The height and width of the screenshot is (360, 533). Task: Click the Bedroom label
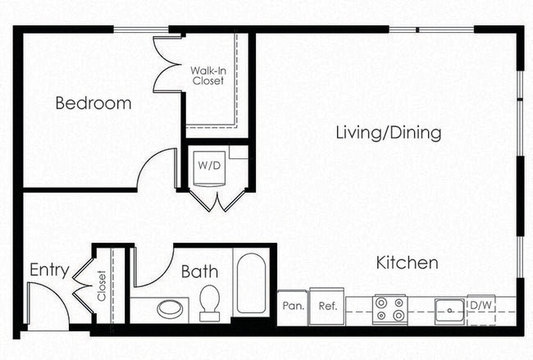coord(93,103)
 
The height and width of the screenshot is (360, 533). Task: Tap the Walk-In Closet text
coord(208,75)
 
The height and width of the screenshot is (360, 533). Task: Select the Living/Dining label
coord(389,133)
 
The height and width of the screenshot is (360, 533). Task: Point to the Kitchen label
coord(407,263)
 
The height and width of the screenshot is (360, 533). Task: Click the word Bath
coord(198,271)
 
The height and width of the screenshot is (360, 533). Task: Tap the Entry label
coord(48,270)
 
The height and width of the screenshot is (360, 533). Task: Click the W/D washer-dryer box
coord(209,165)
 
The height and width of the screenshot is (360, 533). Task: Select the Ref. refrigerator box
coord(328,307)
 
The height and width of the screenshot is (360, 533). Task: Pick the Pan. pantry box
coord(293,307)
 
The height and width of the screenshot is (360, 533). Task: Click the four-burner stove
coord(389,309)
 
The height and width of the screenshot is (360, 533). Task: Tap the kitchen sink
coord(449,310)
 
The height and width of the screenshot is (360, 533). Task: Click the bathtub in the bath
coord(251,284)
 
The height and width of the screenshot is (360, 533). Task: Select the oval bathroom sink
coord(171,309)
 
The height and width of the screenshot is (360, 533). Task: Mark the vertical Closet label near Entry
coord(102,286)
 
